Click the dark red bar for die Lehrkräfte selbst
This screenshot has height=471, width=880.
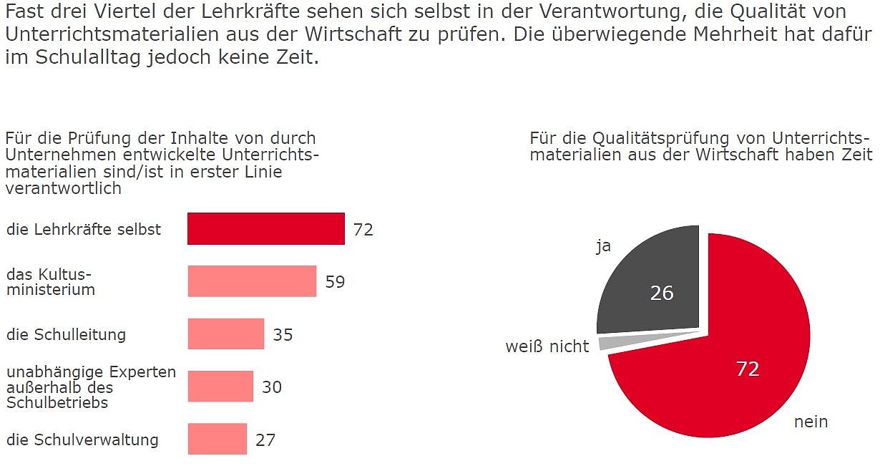(265, 229)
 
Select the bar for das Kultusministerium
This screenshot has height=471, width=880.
(252, 281)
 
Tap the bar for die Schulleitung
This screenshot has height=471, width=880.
(226, 334)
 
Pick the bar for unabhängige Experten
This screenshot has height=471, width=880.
(220, 387)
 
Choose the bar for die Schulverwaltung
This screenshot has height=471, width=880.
(217, 439)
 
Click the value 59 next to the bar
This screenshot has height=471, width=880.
(335, 282)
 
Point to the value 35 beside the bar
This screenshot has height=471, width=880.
(283, 334)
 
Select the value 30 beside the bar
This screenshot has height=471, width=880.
(272, 387)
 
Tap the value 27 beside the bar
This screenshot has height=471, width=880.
(265, 440)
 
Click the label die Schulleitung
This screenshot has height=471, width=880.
(66, 334)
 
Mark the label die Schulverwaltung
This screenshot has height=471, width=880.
(82, 440)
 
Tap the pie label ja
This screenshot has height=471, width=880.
(603, 246)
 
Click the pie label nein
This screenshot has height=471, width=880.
(811, 422)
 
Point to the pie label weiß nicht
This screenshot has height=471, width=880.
(547, 347)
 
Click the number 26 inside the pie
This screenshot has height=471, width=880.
(662, 293)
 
